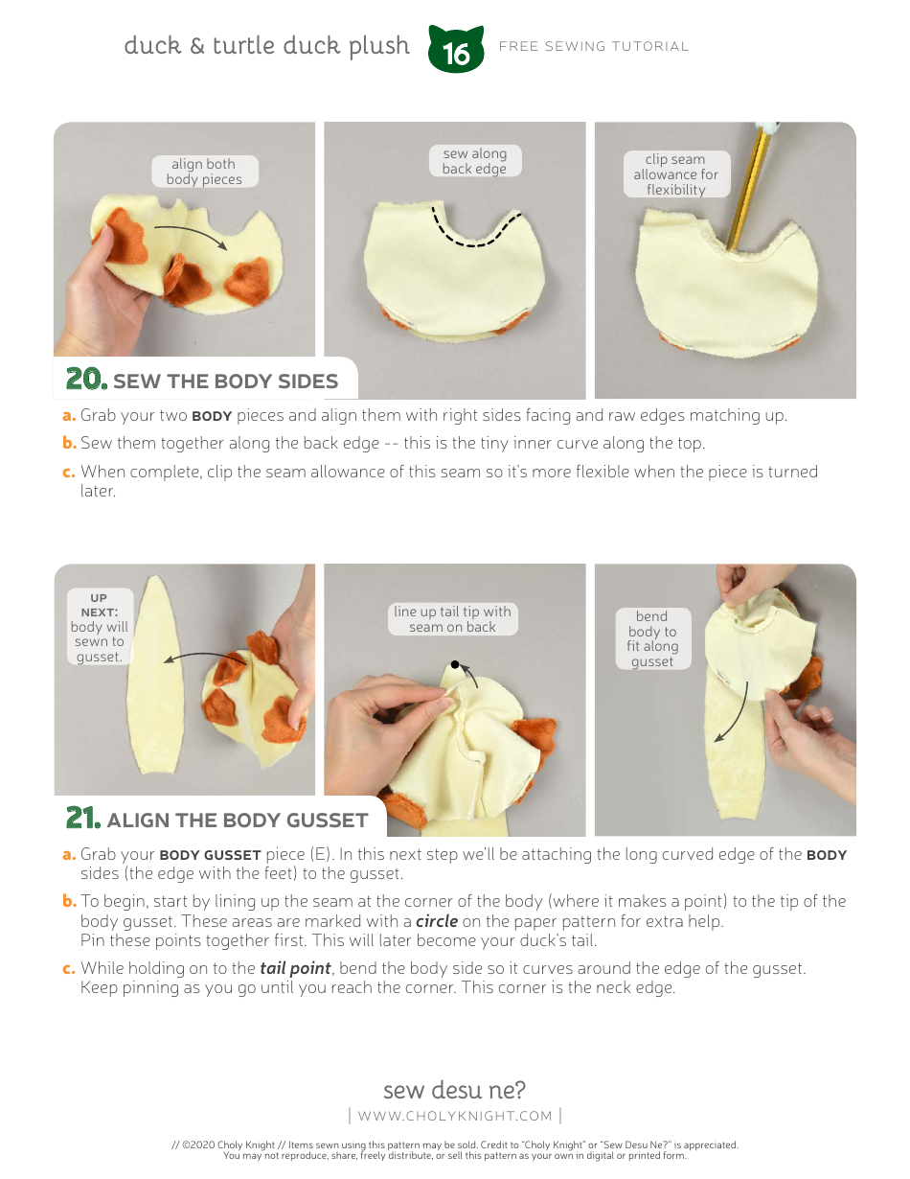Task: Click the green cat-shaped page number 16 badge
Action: [x=456, y=51]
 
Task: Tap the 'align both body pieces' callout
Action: [x=204, y=173]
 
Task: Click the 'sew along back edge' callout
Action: [x=474, y=161]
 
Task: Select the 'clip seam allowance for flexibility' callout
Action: [x=675, y=174]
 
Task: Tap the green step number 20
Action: [x=85, y=380]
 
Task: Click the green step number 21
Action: [x=83, y=819]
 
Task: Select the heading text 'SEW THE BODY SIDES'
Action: [x=225, y=381]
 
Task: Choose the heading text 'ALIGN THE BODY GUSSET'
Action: [x=238, y=821]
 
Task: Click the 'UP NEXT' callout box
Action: [x=99, y=627]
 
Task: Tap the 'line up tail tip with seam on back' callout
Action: [x=452, y=619]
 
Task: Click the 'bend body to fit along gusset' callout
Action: [x=651, y=638]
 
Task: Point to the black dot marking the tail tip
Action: [x=456, y=663]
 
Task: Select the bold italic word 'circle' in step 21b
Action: [x=436, y=921]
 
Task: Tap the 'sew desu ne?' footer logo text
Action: [x=454, y=1090]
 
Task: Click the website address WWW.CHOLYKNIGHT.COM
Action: [x=455, y=1116]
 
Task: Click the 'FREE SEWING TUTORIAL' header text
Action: [x=594, y=46]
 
